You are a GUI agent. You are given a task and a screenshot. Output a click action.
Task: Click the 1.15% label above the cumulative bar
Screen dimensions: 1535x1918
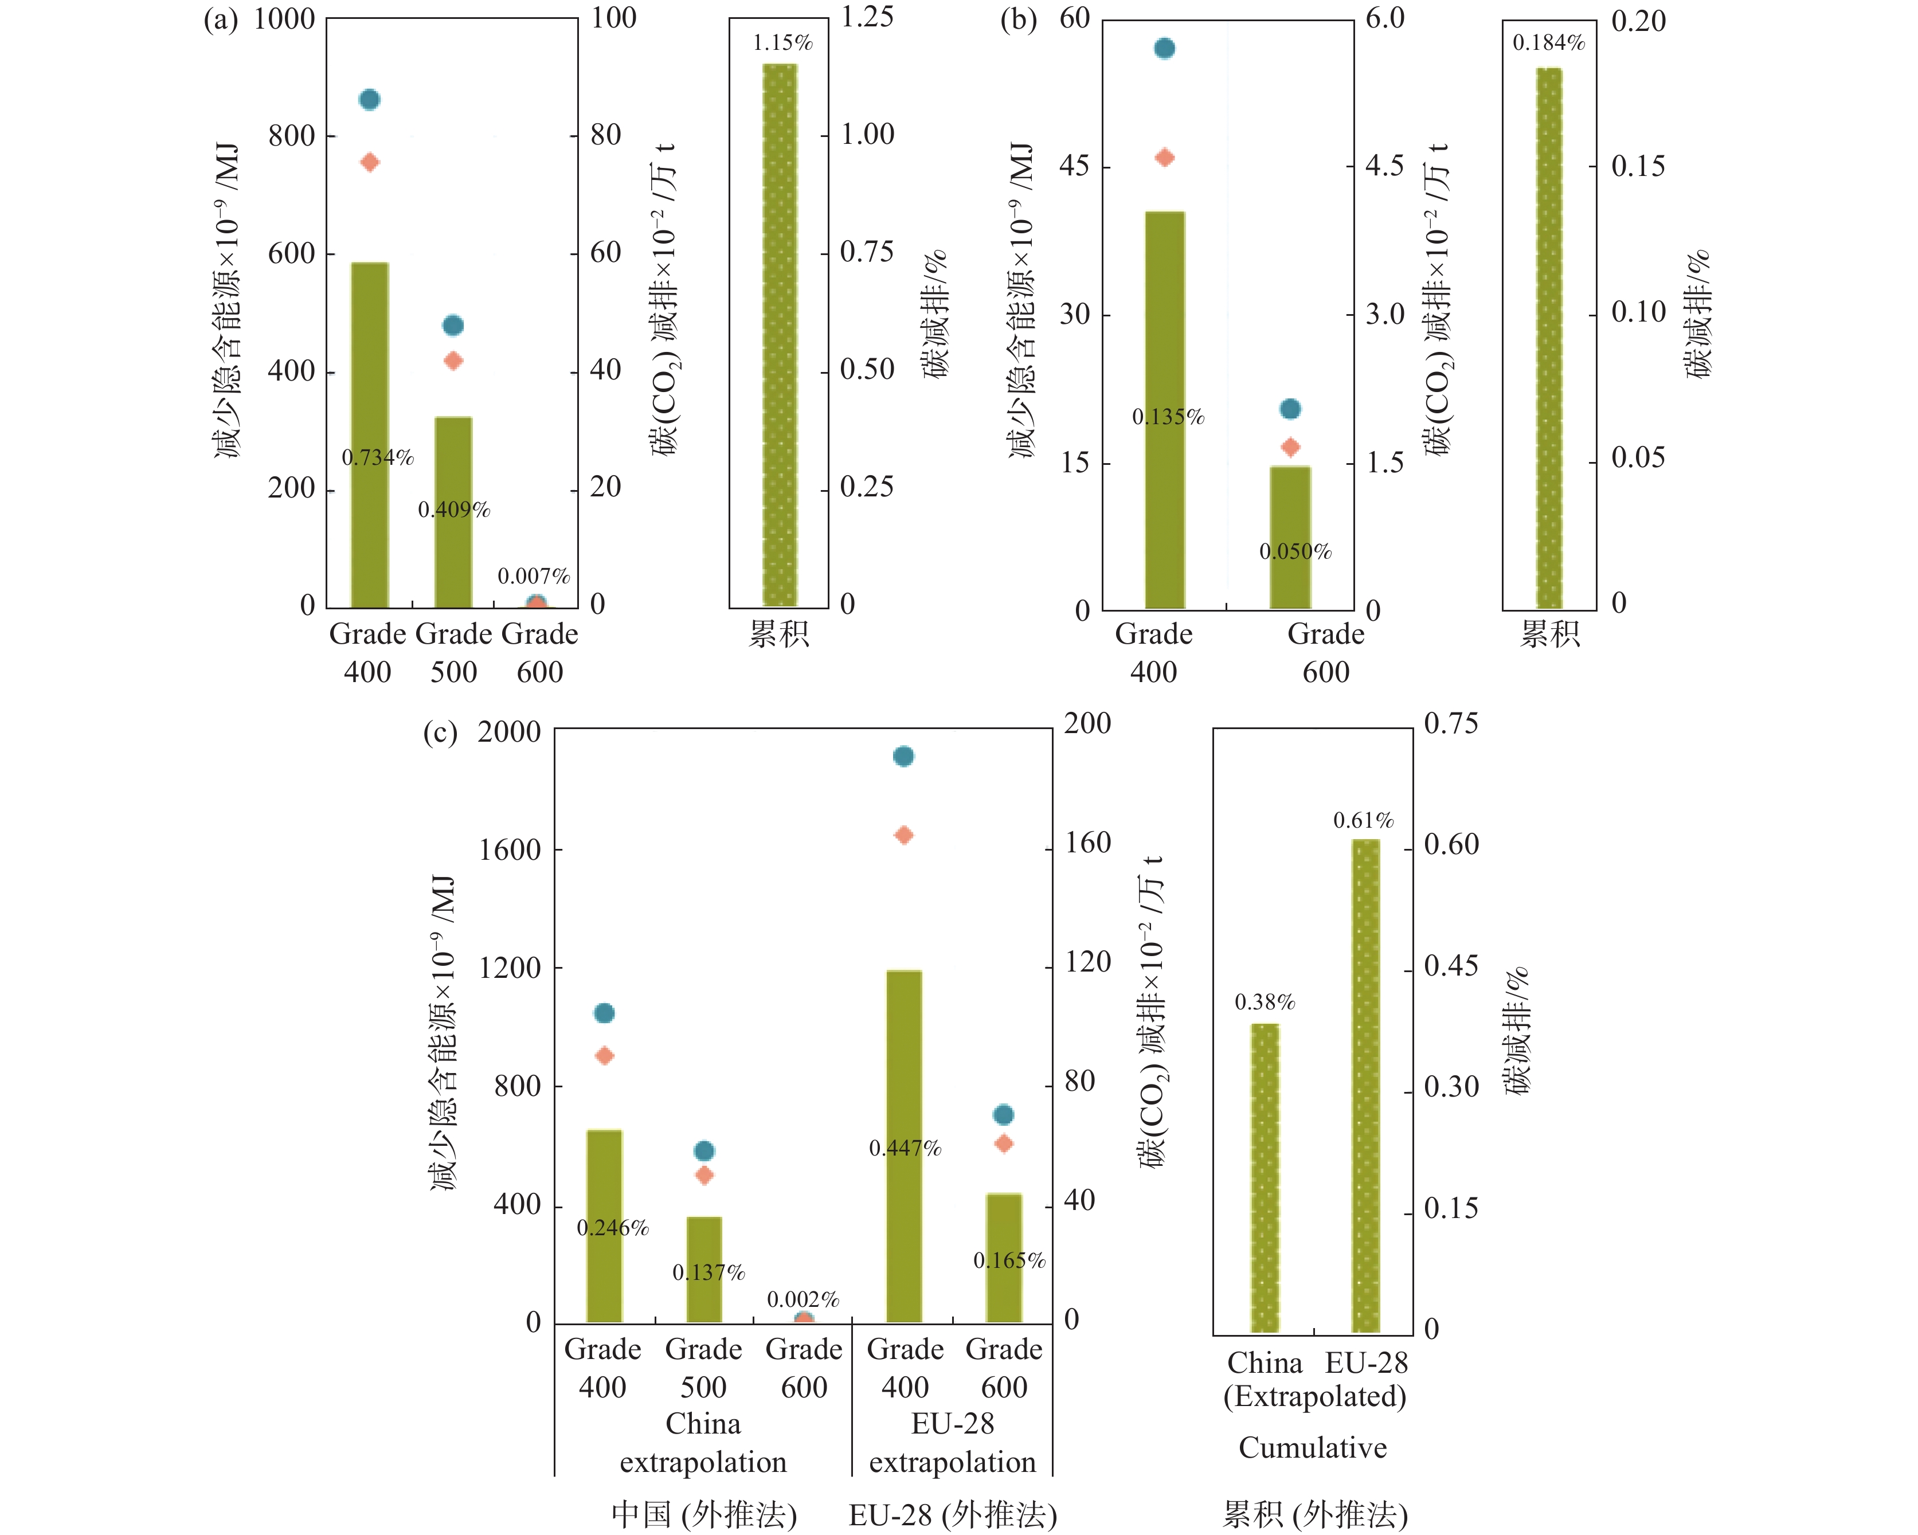[782, 42]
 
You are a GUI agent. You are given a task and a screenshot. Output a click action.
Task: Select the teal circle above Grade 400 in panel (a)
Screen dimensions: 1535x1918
[369, 100]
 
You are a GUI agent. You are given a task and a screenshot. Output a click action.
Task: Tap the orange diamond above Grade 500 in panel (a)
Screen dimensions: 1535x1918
[453, 360]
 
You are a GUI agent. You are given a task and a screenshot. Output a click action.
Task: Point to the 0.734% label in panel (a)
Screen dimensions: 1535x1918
[378, 458]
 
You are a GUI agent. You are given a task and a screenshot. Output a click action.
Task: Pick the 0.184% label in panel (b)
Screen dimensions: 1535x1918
[1549, 42]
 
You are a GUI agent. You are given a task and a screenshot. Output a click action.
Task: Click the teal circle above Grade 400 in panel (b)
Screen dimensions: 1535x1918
[1165, 48]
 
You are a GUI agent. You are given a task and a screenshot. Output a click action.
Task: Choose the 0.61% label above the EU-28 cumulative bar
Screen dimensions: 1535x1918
[1363, 821]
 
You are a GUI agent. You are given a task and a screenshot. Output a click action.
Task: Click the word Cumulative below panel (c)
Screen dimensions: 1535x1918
[1312, 1448]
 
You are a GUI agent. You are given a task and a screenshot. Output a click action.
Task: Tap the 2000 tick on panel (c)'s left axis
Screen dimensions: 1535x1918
[509, 732]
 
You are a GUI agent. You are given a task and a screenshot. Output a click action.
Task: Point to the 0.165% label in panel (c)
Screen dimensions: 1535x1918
[1009, 1261]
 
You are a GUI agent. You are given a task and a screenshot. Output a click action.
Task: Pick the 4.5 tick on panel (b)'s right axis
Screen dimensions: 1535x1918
[1384, 166]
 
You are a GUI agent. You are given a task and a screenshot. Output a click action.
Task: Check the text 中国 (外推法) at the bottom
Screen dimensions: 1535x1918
[704, 1514]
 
